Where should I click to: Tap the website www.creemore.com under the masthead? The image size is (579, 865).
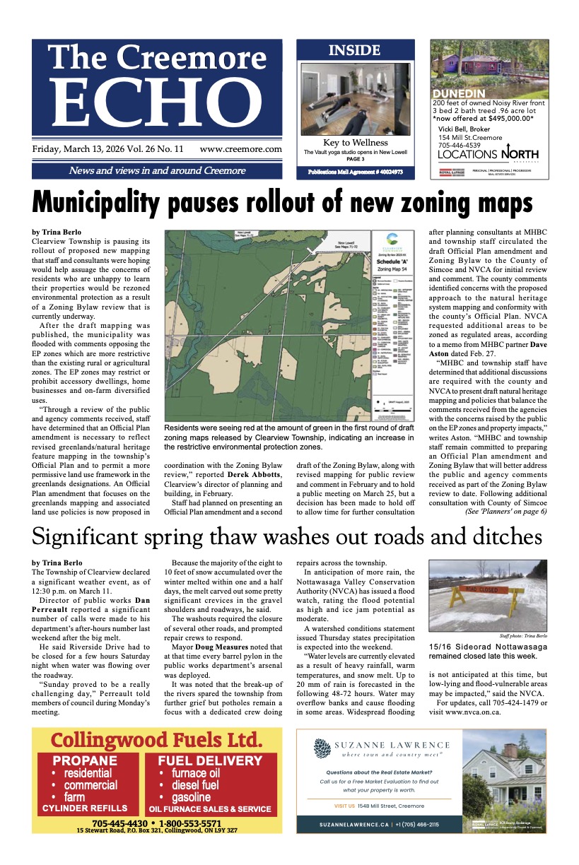[240, 150]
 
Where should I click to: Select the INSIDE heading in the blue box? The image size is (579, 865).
[354, 51]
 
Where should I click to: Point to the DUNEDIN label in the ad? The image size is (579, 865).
[459, 93]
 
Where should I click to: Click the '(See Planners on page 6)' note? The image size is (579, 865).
[505, 511]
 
